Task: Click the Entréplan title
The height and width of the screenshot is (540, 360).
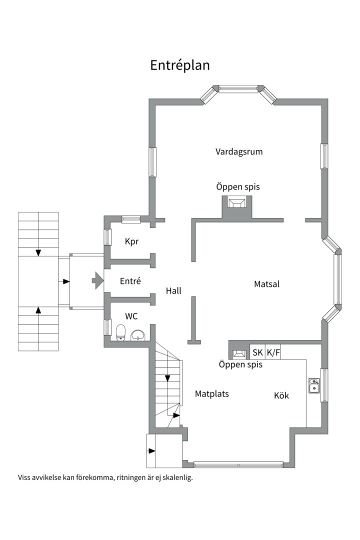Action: point(180,65)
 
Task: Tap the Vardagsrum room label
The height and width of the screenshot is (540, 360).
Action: point(239,151)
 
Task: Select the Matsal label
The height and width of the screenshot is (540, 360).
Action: point(266,284)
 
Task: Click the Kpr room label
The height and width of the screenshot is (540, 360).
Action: point(131,241)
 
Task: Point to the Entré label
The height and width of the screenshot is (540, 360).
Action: point(130,281)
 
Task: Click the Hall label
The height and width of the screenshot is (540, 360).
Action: point(173,291)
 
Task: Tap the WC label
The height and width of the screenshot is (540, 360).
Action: point(131,316)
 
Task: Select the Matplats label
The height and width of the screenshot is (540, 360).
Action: point(212,394)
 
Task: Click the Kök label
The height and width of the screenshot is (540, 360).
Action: point(281,395)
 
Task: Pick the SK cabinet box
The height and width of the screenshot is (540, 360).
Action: point(257,352)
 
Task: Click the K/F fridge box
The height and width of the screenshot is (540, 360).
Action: point(273,352)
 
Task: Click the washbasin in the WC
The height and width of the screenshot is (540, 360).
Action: point(138,334)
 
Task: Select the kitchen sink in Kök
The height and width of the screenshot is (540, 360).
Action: point(314,385)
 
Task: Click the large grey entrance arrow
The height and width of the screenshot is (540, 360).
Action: point(98,280)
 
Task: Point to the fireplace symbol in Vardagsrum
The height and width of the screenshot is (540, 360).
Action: point(237,203)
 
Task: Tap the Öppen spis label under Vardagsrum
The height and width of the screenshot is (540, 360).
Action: point(238,187)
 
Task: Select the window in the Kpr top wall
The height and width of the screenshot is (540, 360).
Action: point(131,219)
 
